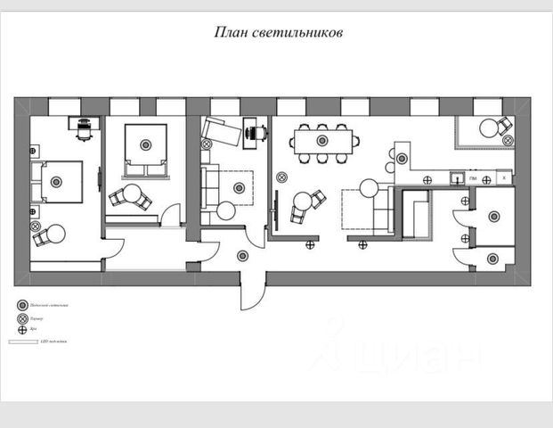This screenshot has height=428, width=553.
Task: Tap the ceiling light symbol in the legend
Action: point(22,305)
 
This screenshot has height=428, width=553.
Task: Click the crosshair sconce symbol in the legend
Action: point(22,329)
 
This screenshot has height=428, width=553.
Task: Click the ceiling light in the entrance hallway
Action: point(242,256)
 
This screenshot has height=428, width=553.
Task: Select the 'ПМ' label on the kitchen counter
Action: point(472,179)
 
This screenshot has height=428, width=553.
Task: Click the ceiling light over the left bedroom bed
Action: point(56,182)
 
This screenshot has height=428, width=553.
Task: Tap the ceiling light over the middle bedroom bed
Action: point(144,140)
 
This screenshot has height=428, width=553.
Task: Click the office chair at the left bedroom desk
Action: point(84,130)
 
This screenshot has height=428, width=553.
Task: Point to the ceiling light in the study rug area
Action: point(238,187)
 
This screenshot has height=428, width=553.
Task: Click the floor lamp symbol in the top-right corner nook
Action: point(508,140)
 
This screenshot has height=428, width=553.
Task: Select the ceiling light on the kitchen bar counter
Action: point(402,159)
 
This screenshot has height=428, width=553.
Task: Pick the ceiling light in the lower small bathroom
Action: point(492,259)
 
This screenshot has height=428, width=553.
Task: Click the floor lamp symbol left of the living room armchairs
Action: point(281,175)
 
